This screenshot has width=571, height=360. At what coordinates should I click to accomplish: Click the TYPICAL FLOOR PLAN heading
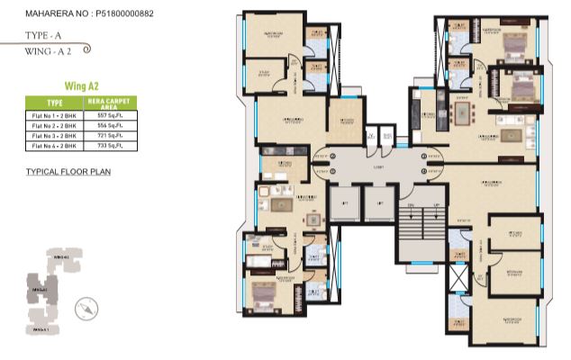[x=68, y=171]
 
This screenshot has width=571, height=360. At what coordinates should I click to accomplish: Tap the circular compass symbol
[x=86, y=305]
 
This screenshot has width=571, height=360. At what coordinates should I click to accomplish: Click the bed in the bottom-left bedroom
[x=262, y=291]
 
